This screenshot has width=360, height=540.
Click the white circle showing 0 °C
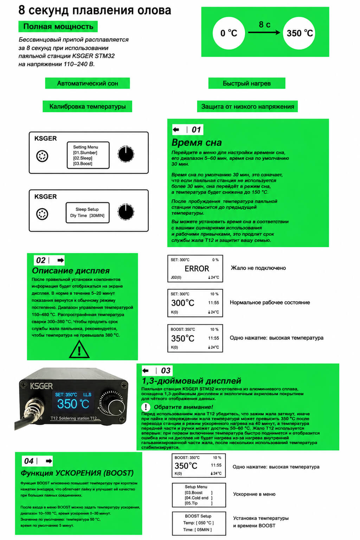229,33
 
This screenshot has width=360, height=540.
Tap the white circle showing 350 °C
299,33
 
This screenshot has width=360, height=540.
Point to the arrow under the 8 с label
264,32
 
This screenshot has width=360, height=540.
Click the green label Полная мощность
58,26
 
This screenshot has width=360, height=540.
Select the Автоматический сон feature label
88,83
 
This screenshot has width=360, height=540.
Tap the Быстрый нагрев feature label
247,83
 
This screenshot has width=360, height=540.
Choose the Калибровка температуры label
88,106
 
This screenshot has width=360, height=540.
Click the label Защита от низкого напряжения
247,106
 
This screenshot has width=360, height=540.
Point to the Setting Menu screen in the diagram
88,155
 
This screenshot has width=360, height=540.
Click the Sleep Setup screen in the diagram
88,212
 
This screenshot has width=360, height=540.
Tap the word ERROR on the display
197,268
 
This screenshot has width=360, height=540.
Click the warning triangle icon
79,349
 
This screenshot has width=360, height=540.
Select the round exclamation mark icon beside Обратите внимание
146,407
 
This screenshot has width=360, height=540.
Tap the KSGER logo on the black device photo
41,386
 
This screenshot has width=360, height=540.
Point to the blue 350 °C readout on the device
73,404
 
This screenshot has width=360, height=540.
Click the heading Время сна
197,143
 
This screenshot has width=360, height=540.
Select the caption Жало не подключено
258,268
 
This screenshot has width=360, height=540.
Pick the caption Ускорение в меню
254,494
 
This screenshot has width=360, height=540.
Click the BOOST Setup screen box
199,523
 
